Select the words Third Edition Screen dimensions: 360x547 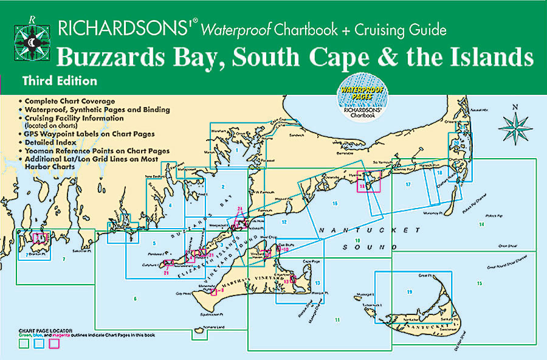coord(58,80)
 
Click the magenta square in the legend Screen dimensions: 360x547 coord(53,344)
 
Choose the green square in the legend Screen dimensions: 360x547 coord(24,344)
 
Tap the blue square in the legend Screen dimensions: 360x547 coord(39,344)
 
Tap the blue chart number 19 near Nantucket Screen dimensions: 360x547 coord(410,292)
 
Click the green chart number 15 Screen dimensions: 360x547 coord(480,283)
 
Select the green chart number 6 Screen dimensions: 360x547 coord(134,298)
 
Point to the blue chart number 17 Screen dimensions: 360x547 coord(408,184)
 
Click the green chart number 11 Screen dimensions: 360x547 coord(336,320)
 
